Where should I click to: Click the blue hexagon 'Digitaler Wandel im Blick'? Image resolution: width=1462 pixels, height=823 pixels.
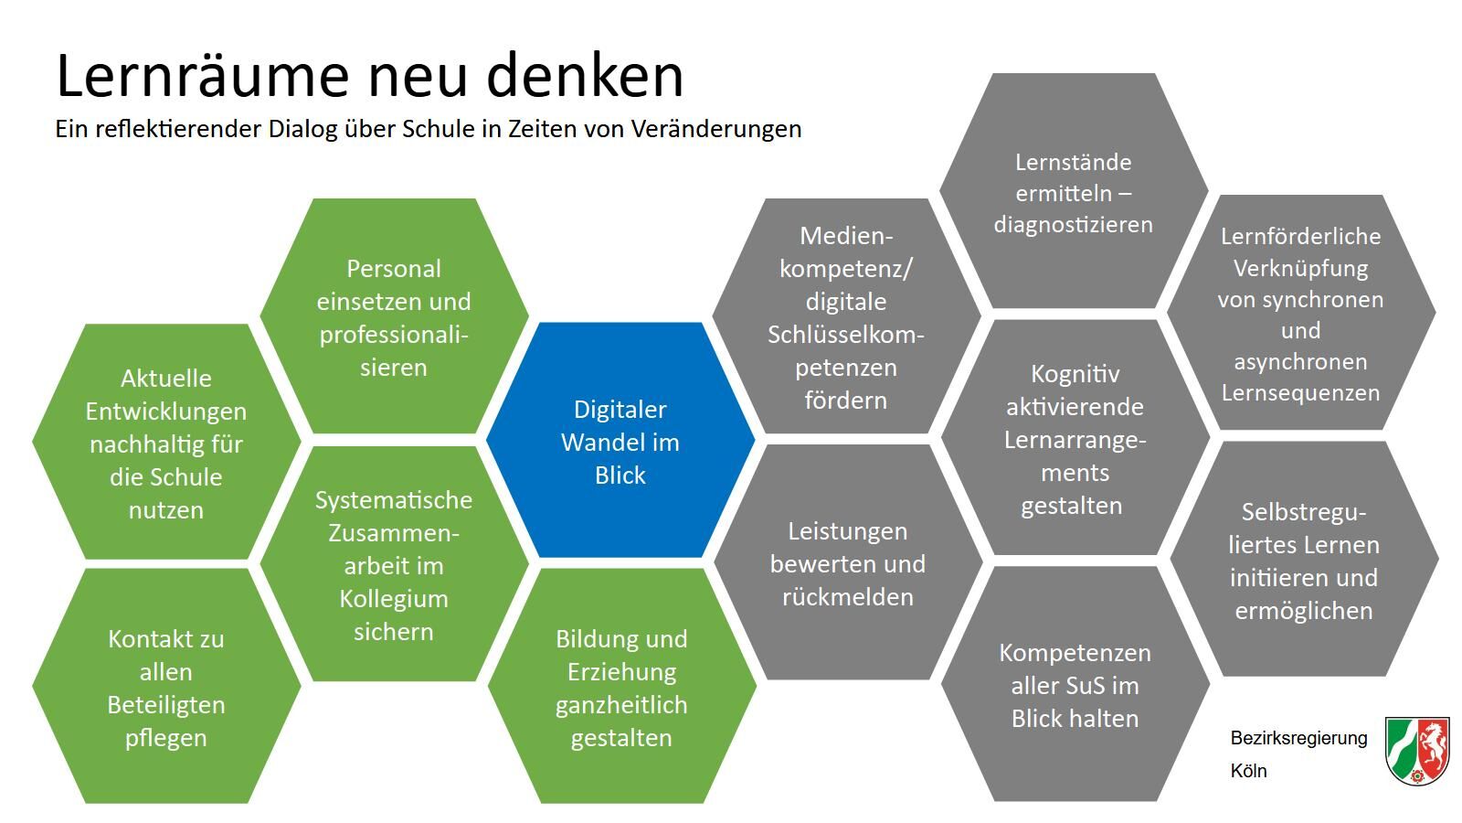coord(620,440)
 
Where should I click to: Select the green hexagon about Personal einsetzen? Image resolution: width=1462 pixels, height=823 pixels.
coord(394,316)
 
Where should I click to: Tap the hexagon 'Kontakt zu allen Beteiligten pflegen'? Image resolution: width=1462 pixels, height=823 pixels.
coord(166,686)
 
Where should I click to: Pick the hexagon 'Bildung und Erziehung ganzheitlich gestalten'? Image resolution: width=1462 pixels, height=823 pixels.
coord(622,686)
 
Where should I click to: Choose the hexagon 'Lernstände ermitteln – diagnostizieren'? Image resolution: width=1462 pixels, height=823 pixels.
coord(1074,191)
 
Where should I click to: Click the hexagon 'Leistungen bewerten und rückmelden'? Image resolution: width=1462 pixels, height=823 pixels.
coord(848,562)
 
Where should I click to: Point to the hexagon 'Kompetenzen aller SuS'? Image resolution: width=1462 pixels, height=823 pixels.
coord(1075,684)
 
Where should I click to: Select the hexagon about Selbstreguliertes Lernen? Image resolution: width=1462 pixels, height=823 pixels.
coord(1304,559)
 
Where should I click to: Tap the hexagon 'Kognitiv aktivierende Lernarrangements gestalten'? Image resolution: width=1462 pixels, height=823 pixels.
coord(1075,438)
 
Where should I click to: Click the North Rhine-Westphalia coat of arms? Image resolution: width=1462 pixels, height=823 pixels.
coord(1417,751)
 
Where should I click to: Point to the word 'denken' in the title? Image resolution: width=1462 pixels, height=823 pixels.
coord(585,76)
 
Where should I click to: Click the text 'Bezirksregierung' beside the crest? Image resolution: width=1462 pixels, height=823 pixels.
coord(1298,738)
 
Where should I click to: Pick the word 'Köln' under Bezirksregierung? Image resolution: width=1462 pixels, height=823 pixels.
coord(1248,771)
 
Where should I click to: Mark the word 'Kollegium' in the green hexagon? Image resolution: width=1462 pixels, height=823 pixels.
coord(394,599)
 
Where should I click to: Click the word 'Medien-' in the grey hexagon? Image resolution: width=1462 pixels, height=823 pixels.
coord(846,236)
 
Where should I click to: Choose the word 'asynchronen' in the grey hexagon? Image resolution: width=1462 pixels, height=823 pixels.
coord(1301,362)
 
